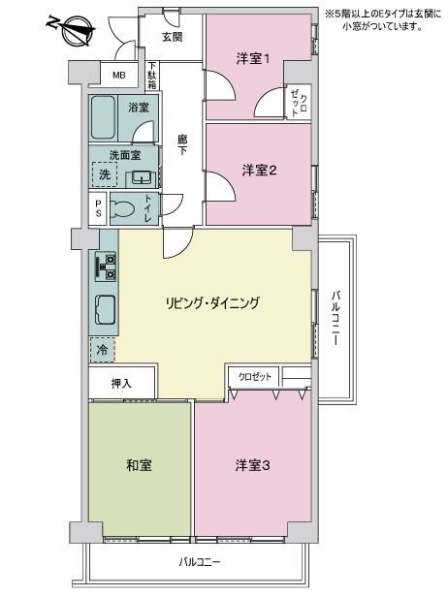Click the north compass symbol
point(73,29)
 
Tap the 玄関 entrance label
point(173,37)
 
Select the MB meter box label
point(119,75)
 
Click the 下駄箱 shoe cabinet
point(152,76)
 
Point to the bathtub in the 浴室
point(103,117)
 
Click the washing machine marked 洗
point(105,174)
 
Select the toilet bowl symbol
point(122,208)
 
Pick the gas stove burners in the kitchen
point(106,267)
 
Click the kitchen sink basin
point(106,309)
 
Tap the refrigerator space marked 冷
point(102,350)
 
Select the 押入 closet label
point(121,384)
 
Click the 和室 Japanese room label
point(139,465)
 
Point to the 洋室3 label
point(252,465)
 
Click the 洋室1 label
point(253,59)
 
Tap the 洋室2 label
point(259,171)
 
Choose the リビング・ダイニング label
point(212,303)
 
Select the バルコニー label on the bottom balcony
point(200,562)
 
